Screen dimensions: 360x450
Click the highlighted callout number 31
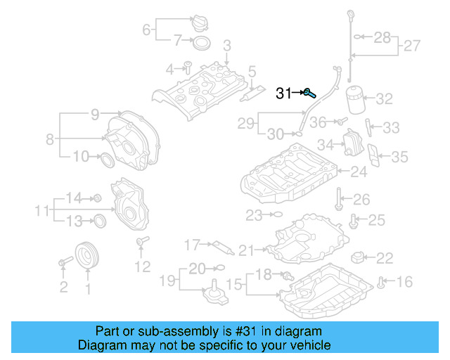tap(283, 93)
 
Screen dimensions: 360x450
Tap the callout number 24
tap(359, 171)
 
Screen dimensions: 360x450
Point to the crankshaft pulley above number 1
tap(88, 255)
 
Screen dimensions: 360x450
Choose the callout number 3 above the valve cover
tap(227, 46)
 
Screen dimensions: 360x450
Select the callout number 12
tap(142, 266)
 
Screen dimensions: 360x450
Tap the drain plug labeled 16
tap(381, 283)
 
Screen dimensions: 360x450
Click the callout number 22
tap(385, 258)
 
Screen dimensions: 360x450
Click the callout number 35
tap(399, 157)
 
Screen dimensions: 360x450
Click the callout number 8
tap(50, 139)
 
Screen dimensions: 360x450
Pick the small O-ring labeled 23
tap(276, 213)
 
